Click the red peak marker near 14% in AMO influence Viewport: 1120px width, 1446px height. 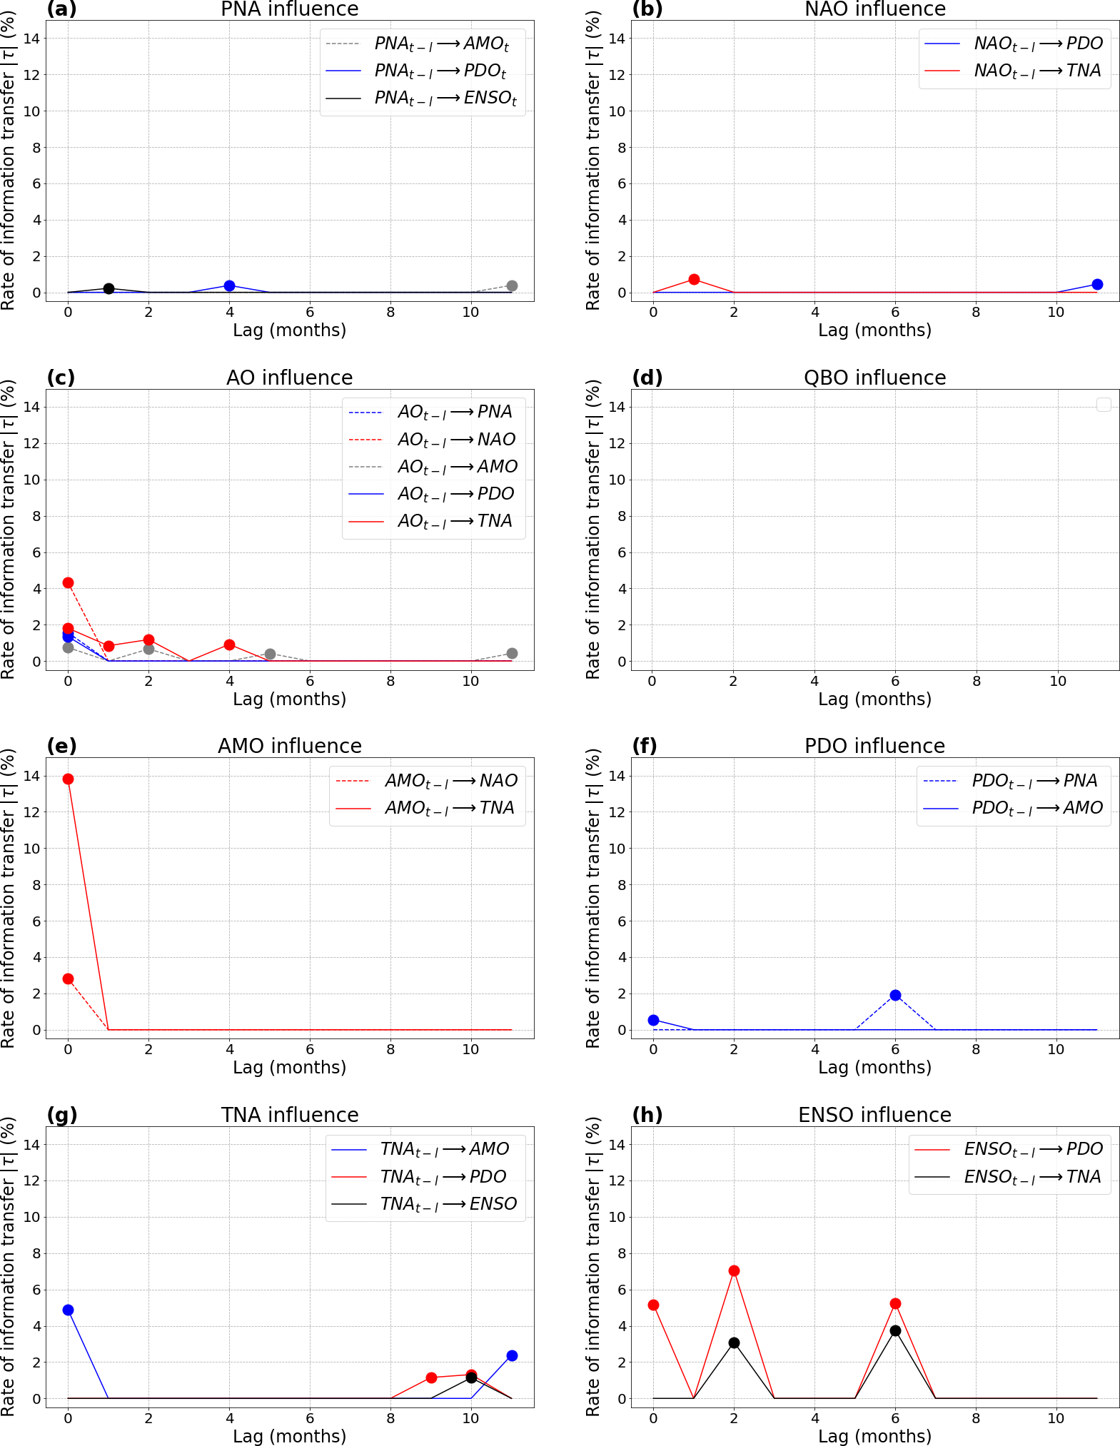pos(68,779)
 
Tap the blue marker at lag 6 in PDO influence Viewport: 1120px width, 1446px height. pos(895,995)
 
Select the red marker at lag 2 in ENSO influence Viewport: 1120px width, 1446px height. pos(734,1270)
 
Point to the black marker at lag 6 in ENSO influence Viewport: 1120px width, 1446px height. pos(895,1330)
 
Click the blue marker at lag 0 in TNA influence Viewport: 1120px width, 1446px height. pos(68,1310)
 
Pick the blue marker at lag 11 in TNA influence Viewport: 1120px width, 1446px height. pos(512,1355)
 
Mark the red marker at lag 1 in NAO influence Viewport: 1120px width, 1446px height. pos(694,279)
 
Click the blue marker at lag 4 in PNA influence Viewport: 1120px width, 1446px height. pos(229,285)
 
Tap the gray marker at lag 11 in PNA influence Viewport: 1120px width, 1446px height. pos(512,285)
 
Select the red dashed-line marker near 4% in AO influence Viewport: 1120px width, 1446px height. pos(68,582)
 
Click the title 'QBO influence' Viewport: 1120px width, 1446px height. pos(874,378)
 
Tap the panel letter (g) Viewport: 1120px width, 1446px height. pos(62,1114)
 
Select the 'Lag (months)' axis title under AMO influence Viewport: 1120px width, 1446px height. pos(289,1067)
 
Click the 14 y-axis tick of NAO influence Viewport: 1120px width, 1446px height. pos(617,39)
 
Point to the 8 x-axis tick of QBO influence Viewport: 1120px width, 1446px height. pos(976,681)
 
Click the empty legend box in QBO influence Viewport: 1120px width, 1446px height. pos(1104,405)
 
